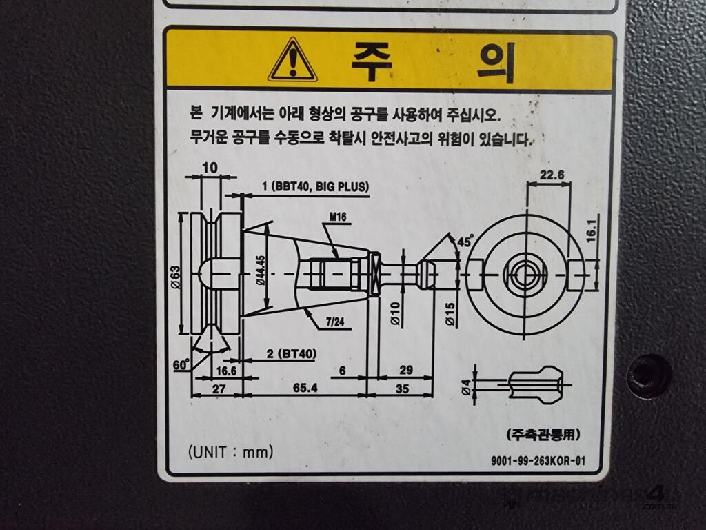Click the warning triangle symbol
[x=292, y=61]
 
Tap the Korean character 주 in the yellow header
[x=372, y=61]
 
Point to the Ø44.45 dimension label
[x=261, y=271]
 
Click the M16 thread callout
[x=338, y=217]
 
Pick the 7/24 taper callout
[x=335, y=322]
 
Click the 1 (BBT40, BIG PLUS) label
[x=315, y=186]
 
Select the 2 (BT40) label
[x=292, y=354]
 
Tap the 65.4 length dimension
[x=305, y=388]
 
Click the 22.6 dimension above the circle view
[x=552, y=175]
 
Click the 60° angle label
[x=181, y=364]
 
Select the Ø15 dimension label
[x=450, y=314]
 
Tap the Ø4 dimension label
[x=467, y=386]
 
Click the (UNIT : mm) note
[x=230, y=451]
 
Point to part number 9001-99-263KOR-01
[x=538, y=460]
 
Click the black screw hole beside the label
[x=648, y=375]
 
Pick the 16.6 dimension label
[x=226, y=371]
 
